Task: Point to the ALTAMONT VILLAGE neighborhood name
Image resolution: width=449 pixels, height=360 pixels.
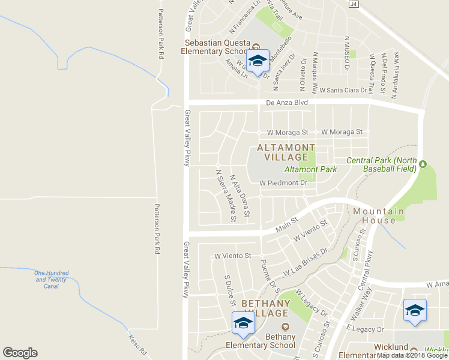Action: pos(286,152)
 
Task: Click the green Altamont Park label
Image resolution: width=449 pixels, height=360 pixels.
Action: pos(310,169)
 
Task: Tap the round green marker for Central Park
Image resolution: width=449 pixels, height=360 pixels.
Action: pos(422,164)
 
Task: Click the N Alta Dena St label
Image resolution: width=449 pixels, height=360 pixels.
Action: pos(240,195)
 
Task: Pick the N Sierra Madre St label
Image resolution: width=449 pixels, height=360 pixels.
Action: pos(226,196)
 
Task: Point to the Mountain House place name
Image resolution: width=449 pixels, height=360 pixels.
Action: pos(378,215)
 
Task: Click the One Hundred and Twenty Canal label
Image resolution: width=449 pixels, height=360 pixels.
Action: pos(50,280)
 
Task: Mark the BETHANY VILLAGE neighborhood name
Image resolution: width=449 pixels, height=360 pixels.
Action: pos(265,308)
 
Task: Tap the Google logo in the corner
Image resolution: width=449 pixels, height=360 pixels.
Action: pos(20,353)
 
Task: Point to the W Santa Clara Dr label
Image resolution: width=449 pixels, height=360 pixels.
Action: pos(343,90)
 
